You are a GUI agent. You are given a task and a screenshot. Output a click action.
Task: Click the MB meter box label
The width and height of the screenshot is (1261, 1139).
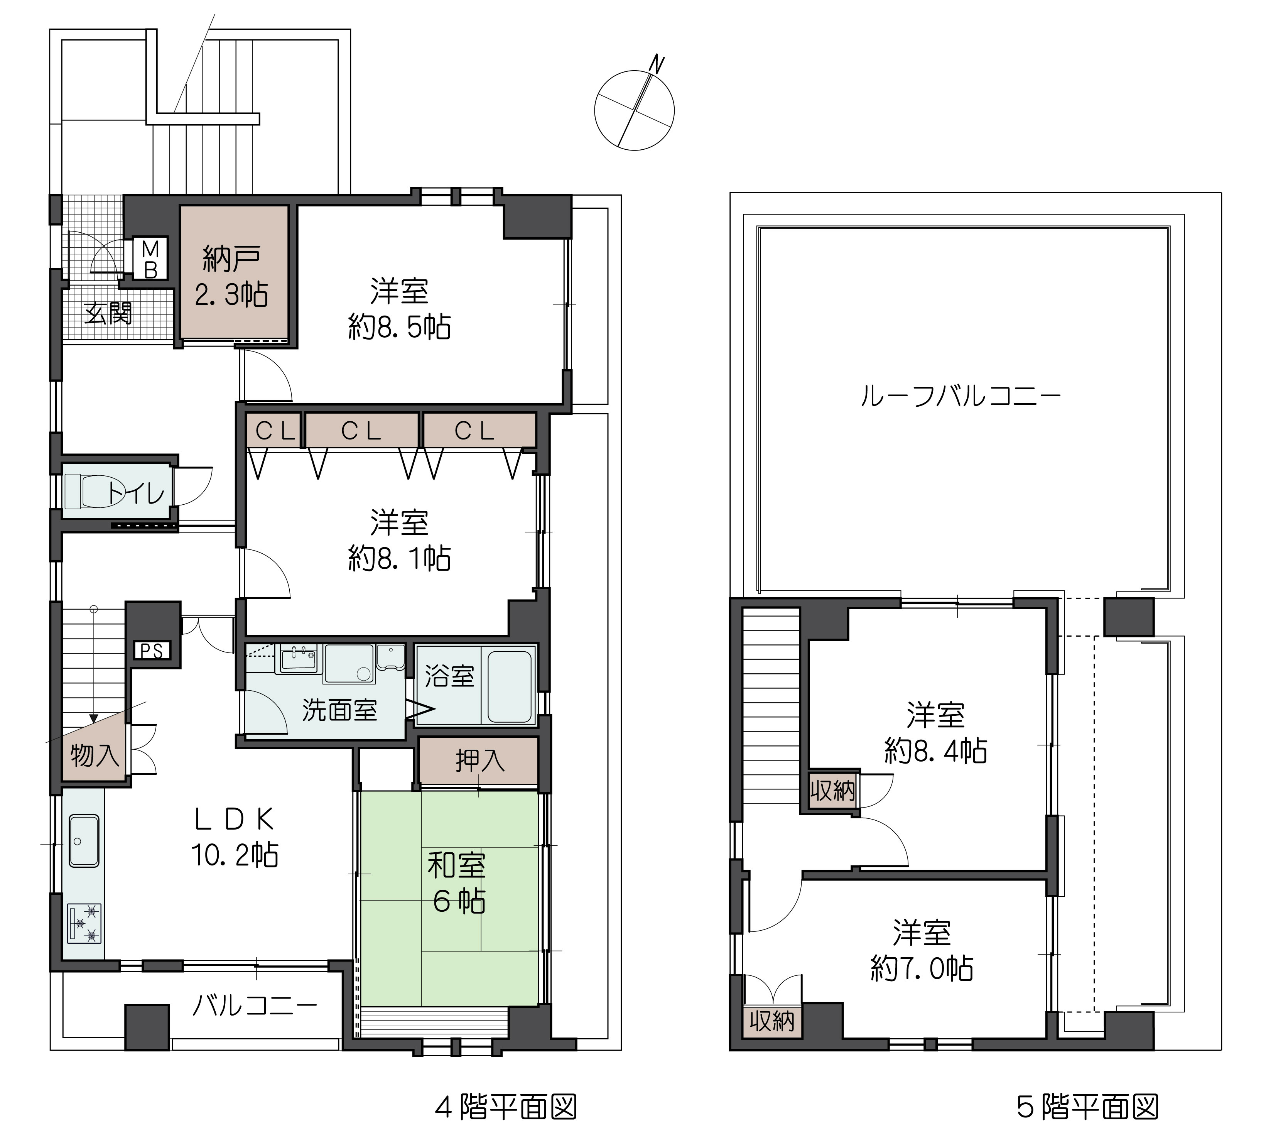[x=151, y=259]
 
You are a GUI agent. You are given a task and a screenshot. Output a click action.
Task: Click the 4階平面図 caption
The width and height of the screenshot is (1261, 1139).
[x=505, y=1107]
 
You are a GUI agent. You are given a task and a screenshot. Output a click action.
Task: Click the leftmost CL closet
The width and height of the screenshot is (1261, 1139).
[x=274, y=430]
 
